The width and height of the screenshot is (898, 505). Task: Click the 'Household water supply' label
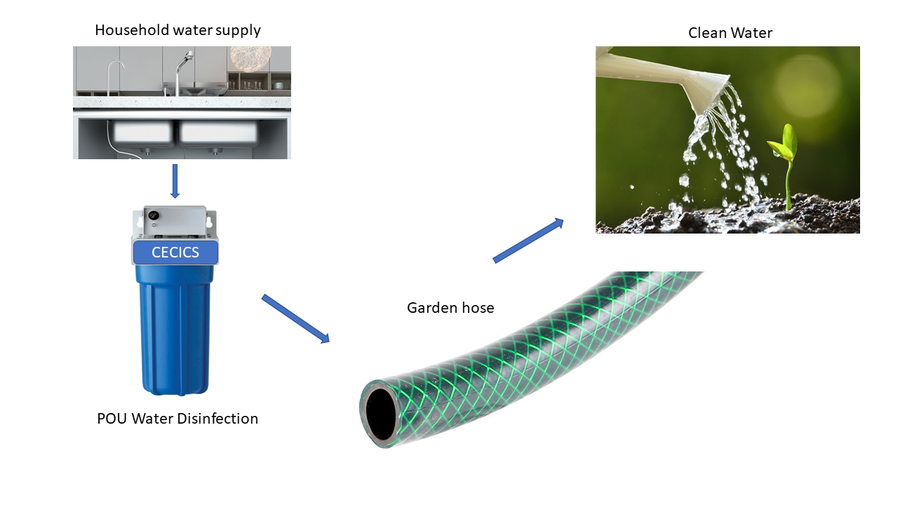coord(177,30)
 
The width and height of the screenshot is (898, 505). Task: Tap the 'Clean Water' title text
coord(730,32)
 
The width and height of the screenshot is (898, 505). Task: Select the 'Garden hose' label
coord(450,307)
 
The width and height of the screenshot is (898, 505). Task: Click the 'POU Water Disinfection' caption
coord(177,419)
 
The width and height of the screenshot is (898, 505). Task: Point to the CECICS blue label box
coord(175,252)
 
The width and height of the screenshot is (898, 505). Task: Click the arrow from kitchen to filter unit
coord(175,181)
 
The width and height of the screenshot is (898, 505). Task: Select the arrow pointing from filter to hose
coord(295,319)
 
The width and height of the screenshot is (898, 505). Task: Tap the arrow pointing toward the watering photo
coord(528,240)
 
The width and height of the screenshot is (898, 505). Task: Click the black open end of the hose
coord(380,413)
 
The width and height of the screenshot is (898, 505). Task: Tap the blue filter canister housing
coord(175,330)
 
